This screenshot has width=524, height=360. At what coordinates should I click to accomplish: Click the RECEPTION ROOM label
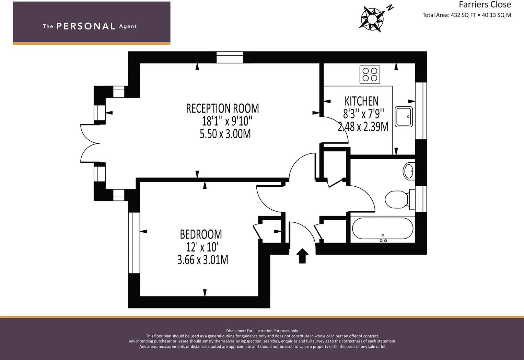coord(222,108)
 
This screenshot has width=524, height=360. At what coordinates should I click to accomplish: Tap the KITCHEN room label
coord(361,101)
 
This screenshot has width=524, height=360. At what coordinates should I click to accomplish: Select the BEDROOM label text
coord(201,234)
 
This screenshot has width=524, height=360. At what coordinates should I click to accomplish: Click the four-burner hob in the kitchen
coord(370,74)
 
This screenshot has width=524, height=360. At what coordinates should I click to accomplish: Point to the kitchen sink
coord(404,117)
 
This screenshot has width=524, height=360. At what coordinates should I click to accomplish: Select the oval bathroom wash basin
coord(409,171)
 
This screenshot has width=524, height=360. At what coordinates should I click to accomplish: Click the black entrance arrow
coord(302,256)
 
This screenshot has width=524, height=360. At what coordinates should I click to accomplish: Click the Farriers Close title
coord(485,4)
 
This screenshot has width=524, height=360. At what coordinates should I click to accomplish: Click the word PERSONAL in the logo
coord(86,26)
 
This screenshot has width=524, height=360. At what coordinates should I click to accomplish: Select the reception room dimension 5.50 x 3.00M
coord(225,134)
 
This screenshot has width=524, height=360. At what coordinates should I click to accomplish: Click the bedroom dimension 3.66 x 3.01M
coord(202,260)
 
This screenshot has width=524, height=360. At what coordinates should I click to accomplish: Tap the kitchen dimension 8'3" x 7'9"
coord(363,114)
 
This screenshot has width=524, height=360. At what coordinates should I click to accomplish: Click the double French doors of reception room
coord(90,143)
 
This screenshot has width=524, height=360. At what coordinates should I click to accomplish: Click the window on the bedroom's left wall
coord(134,243)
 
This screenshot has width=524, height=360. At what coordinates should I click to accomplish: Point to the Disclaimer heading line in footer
coord(262,331)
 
